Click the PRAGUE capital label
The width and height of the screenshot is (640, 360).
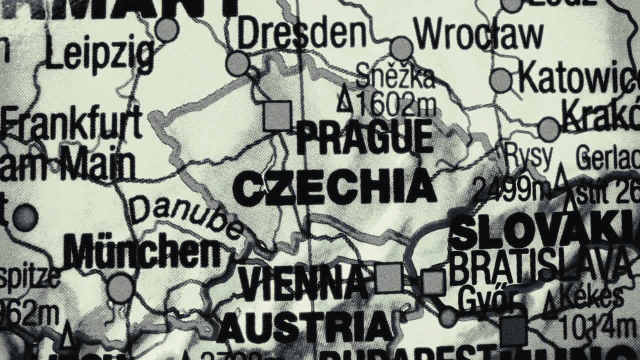coord(364,137)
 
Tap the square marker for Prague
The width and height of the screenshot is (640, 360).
coord(277,116)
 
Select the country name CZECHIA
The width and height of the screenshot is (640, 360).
coord(334,187)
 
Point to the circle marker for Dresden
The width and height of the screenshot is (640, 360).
coord(237,63)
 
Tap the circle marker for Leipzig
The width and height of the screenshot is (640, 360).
coord(167,29)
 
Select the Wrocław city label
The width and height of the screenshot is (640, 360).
coord(478,35)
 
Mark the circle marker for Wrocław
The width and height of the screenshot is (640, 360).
coord(401,48)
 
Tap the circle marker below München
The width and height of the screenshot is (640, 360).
coord(120,288)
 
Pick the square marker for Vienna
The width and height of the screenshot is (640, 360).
coord(388,277)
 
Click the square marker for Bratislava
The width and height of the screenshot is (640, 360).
coord(433,282)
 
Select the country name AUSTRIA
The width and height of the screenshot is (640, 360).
coord(305,327)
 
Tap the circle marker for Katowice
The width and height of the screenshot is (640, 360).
coord(500,80)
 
